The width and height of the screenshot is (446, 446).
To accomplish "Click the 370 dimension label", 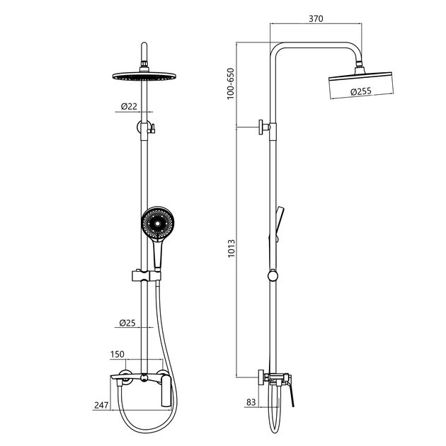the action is click(x=316, y=18).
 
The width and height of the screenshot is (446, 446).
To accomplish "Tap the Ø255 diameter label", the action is click(x=361, y=91).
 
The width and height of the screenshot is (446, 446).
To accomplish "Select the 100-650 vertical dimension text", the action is click(x=230, y=84).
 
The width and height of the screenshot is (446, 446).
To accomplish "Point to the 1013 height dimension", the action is click(x=231, y=248).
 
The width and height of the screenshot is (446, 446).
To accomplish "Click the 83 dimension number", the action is click(x=251, y=402).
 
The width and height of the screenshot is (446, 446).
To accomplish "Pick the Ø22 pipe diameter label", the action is click(x=129, y=106).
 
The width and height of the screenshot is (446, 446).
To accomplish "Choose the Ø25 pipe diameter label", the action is click(x=127, y=323).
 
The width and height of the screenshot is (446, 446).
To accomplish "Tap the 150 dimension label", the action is click(x=118, y=354).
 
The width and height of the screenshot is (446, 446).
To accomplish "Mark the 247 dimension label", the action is click(x=101, y=405).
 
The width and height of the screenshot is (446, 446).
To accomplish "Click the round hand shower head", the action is click(x=157, y=222).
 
